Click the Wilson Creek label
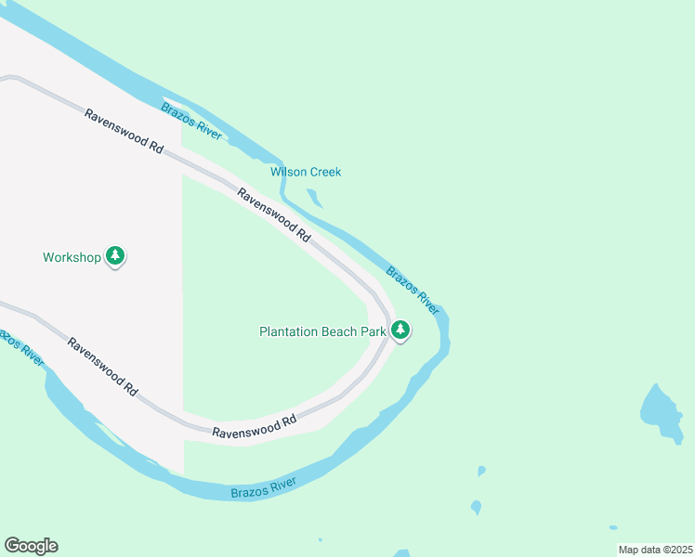[306, 172]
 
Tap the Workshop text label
[71, 257]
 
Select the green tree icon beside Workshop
[115, 255]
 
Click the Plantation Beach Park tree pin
[400, 330]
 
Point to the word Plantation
[288, 331]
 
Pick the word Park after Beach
[373, 331]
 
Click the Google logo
[31, 546]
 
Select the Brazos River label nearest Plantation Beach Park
[413, 290]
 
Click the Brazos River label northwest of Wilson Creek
[191, 122]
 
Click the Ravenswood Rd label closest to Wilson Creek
[273, 215]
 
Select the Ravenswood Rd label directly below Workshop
[102, 367]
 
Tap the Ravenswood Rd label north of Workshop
[124, 132]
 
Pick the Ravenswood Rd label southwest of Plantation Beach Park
[254, 426]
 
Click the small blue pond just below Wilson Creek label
[315, 197]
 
